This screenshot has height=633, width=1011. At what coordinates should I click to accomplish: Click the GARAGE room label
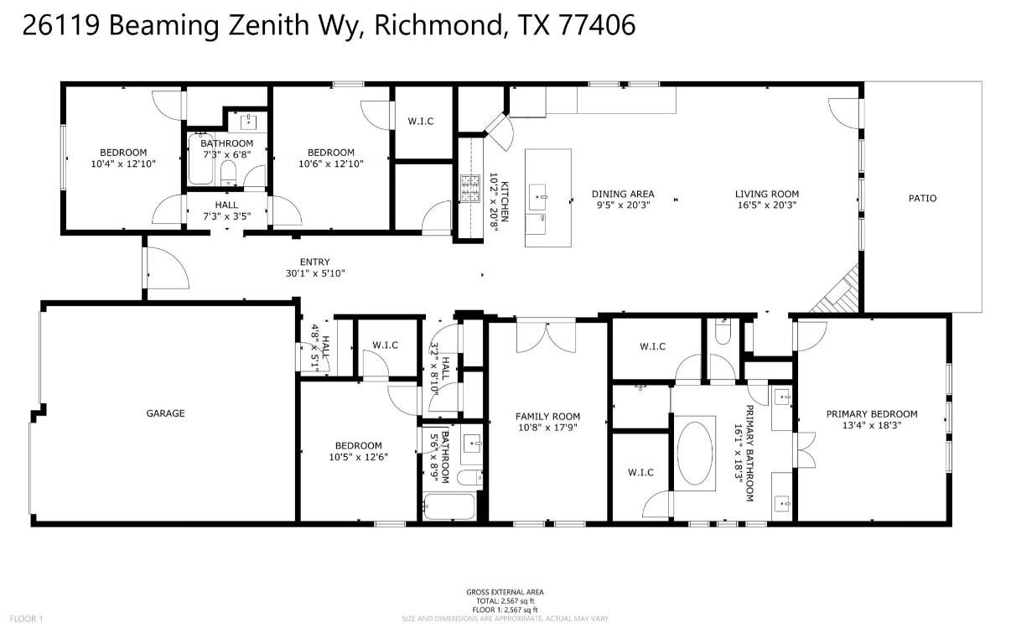click(x=165, y=413)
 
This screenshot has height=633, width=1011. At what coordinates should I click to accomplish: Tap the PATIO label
click(x=922, y=199)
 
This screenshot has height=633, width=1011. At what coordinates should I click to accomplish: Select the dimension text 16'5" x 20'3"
click(x=766, y=205)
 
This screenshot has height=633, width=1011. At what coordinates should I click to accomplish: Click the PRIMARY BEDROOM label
click(x=872, y=414)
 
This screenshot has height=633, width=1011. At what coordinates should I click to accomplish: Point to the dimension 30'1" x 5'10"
click(x=314, y=273)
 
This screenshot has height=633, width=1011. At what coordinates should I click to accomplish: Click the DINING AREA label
click(x=622, y=195)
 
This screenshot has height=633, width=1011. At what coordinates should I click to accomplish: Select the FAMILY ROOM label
click(x=547, y=417)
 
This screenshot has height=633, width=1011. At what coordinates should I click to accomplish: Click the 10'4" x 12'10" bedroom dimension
click(x=123, y=163)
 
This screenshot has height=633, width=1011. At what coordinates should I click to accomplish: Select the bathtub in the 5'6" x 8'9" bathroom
click(x=448, y=507)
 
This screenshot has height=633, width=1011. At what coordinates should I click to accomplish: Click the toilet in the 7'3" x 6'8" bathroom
click(x=228, y=174)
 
